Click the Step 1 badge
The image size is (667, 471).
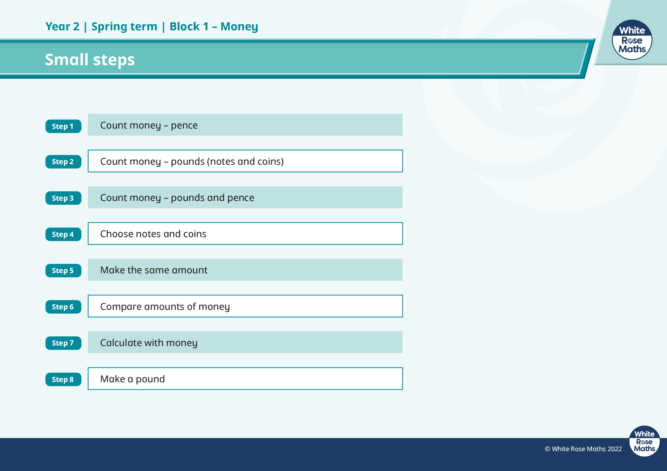63,126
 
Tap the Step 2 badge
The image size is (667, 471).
63,162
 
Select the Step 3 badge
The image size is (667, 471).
63,198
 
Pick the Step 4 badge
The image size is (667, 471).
63,234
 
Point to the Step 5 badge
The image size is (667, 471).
63,270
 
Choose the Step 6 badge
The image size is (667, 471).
63,307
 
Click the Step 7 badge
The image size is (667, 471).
63,343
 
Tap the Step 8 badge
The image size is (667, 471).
63,379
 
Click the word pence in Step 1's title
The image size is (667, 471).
184,126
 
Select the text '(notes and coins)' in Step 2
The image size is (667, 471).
245,161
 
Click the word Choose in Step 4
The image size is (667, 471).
116,234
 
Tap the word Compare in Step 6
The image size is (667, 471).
121,307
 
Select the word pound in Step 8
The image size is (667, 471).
150,379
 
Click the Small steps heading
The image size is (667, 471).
90,60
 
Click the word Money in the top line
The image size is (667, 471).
239,27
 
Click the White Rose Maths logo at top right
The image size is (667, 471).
632,40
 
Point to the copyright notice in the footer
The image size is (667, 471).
583,449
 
